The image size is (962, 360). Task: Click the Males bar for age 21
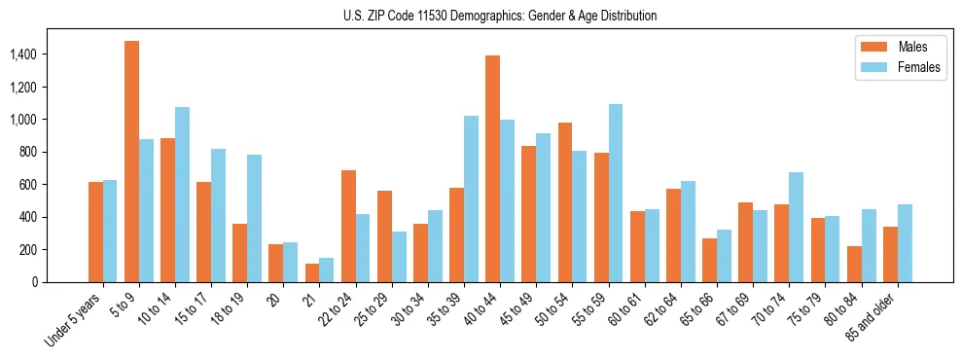(x=312, y=272)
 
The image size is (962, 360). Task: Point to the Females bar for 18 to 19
(x=254, y=218)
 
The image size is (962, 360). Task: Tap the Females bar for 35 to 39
(x=471, y=198)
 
